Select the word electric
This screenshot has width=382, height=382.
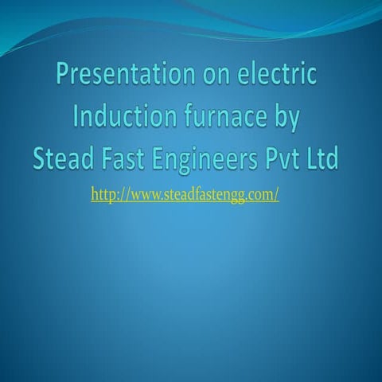click(275, 76)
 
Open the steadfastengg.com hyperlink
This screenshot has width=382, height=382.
click(185, 194)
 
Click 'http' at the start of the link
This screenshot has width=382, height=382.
click(104, 194)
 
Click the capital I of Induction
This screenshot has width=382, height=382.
click(76, 117)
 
